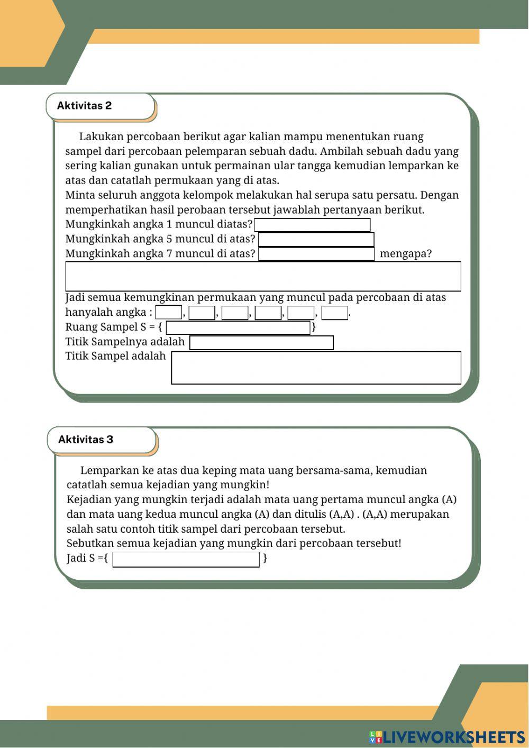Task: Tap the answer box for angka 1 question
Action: pos(312,225)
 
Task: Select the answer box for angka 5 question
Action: pos(316,239)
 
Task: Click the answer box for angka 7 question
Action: pos(316,254)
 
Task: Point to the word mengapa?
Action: pos(405,254)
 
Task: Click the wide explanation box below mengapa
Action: pos(263,276)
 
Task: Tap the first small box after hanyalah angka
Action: pos(168,313)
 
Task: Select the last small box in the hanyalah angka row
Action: pos(334,313)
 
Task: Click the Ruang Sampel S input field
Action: pos(238,327)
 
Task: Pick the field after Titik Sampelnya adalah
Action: pos(261,343)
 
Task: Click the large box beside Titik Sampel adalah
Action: pos(316,368)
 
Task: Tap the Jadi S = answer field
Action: pos(186,559)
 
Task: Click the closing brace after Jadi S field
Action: pos(265,558)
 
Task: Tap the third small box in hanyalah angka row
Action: pos(235,313)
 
